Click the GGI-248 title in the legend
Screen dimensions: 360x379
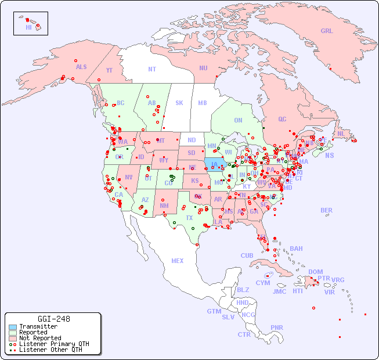pyautogui.click(x=53, y=319)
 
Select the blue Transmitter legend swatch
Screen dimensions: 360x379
pyautogui.click(x=13, y=327)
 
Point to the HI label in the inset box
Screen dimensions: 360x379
pyautogui.click(x=28, y=27)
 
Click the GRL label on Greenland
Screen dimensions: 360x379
pyautogui.click(x=327, y=31)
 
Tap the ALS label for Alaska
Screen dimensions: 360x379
pyautogui.click(x=81, y=67)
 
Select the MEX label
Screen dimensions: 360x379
pyautogui.click(x=178, y=261)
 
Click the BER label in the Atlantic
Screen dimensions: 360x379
pyautogui.click(x=326, y=210)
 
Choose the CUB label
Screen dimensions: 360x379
pyautogui.click(x=247, y=255)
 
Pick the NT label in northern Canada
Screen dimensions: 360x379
pyautogui.click(x=152, y=69)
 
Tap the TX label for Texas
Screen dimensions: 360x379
pyautogui.click(x=189, y=218)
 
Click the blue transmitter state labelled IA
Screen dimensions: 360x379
pyautogui.click(x=215, y=164)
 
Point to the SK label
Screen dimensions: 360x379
pyautogui.click(x=179, y=103)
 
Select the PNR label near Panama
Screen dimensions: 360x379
pyautogui.click(x=277, y=327)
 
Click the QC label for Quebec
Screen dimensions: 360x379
pyautogui.click(x=282, y=119)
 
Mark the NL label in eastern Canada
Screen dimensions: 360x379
pyautogui.click(x=341, y=134)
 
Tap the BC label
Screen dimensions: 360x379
pyautogui.click(x=121, y=103)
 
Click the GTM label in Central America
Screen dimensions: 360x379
pyautogui.click(x=214, y=311)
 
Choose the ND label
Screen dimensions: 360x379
pyautogui.click(x=192, y=140)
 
